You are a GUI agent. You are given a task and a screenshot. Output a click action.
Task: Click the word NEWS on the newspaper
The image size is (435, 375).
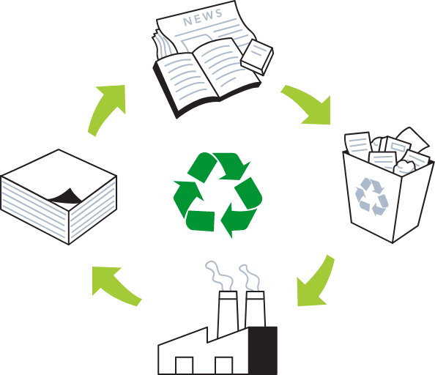(203, 17)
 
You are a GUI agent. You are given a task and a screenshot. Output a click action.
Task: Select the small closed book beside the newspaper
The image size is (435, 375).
(257, 57)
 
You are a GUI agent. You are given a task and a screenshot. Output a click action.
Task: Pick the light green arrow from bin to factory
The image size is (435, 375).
(316, 284)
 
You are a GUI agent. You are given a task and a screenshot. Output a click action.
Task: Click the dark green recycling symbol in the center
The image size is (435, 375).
(218, 195)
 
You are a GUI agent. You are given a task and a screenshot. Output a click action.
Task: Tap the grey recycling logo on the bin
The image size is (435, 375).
(372, 196)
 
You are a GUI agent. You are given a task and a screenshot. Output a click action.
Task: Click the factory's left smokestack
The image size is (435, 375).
(228, 313)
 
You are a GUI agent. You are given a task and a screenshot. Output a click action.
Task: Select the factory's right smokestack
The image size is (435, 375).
(255, 309)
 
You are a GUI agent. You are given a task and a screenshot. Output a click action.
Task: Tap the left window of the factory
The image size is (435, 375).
(185, 365)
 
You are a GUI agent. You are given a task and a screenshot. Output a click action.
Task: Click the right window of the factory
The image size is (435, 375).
(224, 365)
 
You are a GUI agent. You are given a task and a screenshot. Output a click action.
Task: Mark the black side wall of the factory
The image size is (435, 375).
(263, 351)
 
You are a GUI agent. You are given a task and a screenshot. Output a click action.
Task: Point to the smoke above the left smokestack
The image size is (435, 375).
(219, 275)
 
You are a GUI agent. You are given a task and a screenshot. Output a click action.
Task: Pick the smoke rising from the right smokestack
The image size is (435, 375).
(250, 278)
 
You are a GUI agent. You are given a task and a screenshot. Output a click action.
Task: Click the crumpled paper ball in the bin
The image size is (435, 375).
(404, 167)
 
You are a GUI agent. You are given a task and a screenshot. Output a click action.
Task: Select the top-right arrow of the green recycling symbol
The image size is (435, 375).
(231, 166)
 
